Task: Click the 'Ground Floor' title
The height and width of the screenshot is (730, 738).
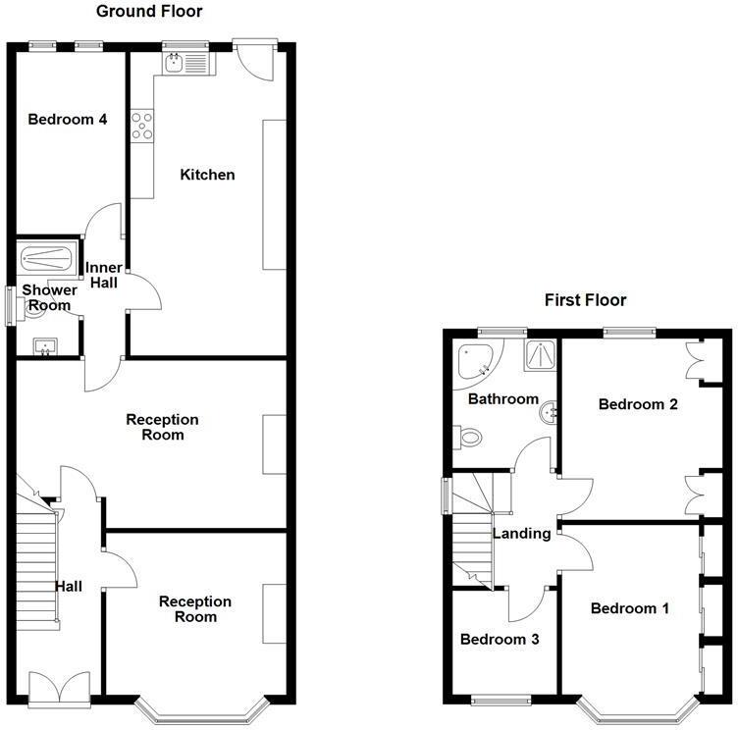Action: coord(149,12)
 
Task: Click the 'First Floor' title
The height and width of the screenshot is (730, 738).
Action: coord(585,300)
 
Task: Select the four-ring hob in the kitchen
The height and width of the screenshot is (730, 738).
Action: coord(142,126)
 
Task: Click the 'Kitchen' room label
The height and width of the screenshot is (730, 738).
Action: coord(207,175)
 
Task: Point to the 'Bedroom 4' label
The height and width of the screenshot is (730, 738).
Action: coord(67,120)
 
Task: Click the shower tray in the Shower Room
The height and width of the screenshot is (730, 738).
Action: coord(46,260)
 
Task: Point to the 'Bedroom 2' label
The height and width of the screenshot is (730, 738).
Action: coord(638,403)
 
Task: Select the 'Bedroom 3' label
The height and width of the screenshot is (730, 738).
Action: coord(501,639)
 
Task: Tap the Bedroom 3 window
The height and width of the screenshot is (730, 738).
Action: coord(501,700)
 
